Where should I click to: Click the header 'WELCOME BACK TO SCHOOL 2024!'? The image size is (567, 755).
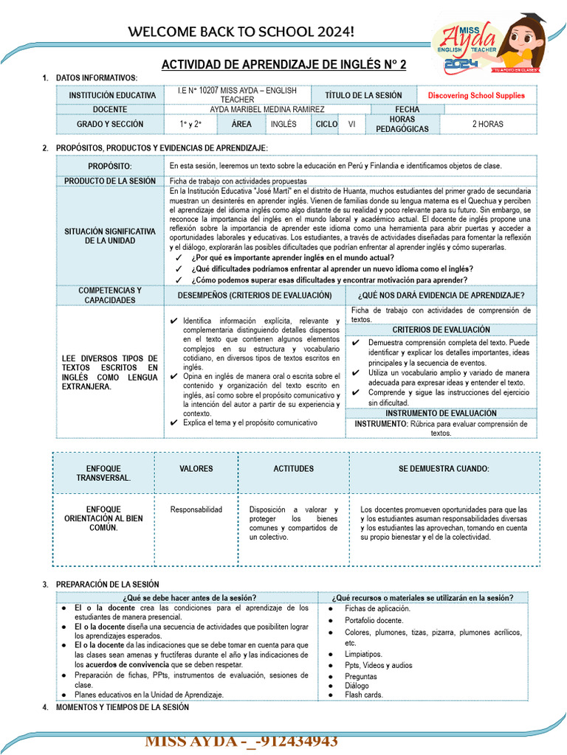coord(241,32)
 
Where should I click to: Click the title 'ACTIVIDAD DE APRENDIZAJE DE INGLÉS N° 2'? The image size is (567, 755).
coord(283,65)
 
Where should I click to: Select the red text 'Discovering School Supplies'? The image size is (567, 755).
coord(476,96)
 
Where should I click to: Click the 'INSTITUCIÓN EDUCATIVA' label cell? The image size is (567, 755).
coord(112,96)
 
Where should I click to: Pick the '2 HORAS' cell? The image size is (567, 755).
coord(487,125)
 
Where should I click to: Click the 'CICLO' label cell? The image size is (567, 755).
coord(326,125)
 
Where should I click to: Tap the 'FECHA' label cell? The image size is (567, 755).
coord(407,109)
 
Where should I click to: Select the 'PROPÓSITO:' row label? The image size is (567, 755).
coord(110,167)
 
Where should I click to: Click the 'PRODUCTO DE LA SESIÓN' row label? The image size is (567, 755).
coord(110,181)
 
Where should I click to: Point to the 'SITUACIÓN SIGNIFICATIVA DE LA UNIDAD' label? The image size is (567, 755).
coord(110,236)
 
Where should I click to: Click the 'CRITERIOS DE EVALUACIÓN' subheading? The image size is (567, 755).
coord(441,330)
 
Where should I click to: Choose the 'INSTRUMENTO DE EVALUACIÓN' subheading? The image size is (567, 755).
coord(441,414)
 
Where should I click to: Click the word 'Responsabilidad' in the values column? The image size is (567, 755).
coord(196,509)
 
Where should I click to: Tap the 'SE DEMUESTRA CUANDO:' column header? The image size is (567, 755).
coord(443,469)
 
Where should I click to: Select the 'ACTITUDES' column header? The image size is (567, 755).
coord(293,469)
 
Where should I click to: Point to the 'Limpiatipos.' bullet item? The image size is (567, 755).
coord(363,654)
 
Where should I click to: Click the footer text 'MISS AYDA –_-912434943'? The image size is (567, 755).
coord(241,741)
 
